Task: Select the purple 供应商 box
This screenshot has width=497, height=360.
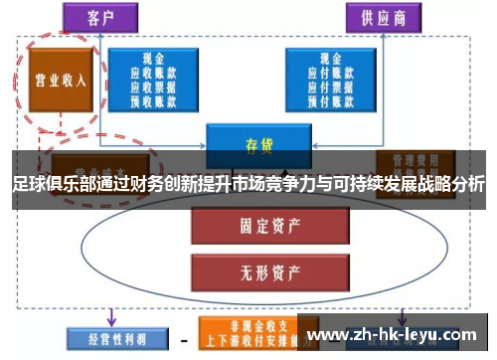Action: pyautogui.click(x=379, y=16)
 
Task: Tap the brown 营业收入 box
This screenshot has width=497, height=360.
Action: pyautogui.click(x=59, y=80)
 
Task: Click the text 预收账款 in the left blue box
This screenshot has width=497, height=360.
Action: pyautogui.click(x=154, y=99)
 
